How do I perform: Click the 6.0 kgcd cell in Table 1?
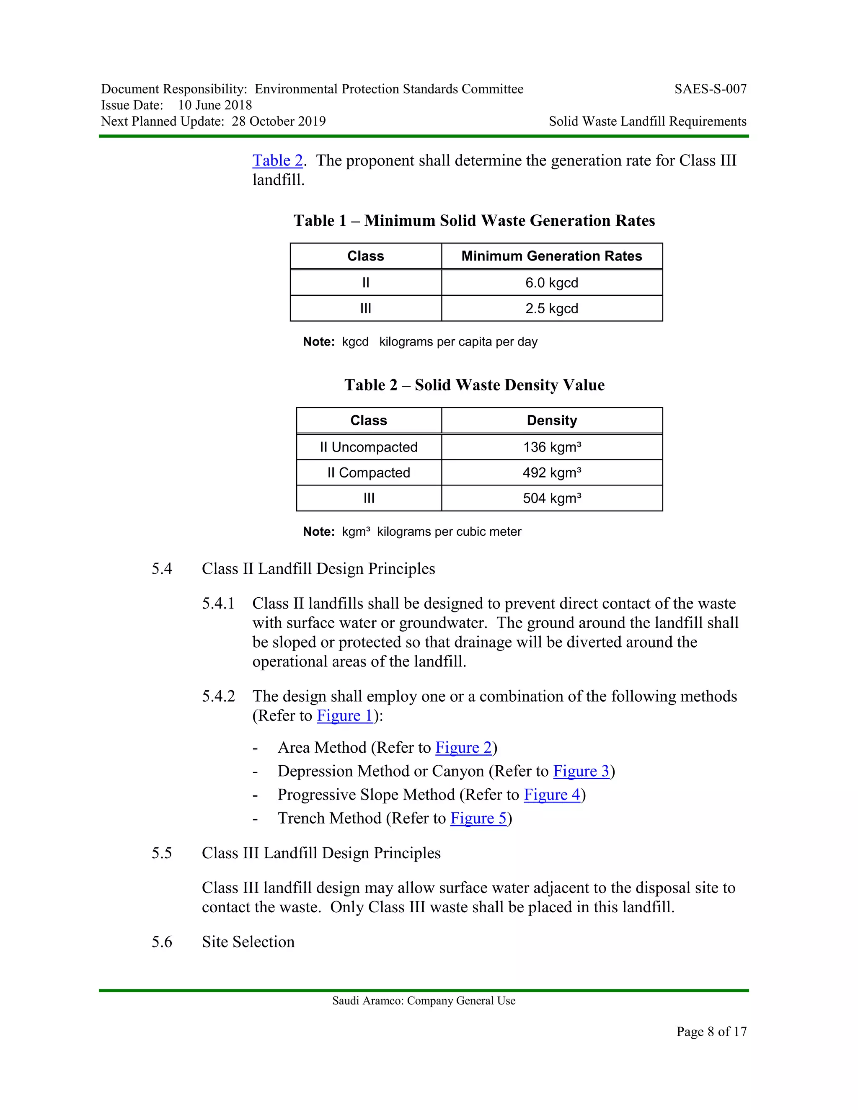[x=551, y=283]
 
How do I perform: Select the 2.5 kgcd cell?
[x=551, y=309]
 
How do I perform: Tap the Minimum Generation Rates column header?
[x=551, y=256]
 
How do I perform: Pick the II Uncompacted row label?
[x=369, y=447]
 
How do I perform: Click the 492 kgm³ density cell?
[x=551, y=472]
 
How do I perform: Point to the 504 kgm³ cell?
[x=551, y=498]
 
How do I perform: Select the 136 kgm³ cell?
[x=551, y=447]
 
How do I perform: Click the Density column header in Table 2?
[x=551, y=420]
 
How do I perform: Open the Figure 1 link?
[x=345, y=715]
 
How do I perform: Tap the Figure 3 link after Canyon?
[x=581, y=771]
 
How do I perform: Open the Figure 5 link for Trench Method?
[x=478, y=818]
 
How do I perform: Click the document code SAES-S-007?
[x=710, y=90]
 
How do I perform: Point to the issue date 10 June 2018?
[x=214, y=105]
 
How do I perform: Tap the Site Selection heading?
[x=248, y=942]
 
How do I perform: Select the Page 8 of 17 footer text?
[x=711, y=1031]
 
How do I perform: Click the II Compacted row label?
[x=369, y=472]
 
